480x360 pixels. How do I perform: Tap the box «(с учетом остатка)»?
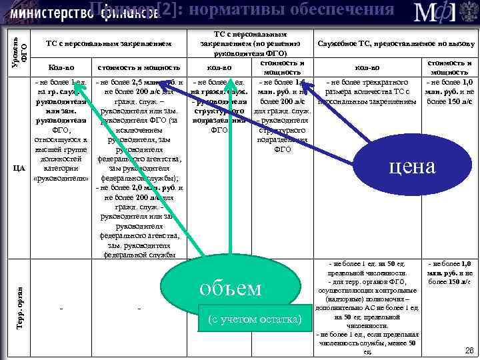pos(254,319)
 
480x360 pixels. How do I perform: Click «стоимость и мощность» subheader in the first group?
pos(139,67)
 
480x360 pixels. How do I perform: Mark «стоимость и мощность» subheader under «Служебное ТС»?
pos(449,67)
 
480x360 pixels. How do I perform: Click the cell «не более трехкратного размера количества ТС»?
pos(368,91)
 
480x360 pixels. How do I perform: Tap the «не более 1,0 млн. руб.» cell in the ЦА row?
pos(449,91)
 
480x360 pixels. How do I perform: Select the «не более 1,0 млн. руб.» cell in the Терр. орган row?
pos(449,273)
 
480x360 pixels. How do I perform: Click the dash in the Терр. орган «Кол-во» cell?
pos(62,309)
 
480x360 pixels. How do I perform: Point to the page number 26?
pos(468,349)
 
